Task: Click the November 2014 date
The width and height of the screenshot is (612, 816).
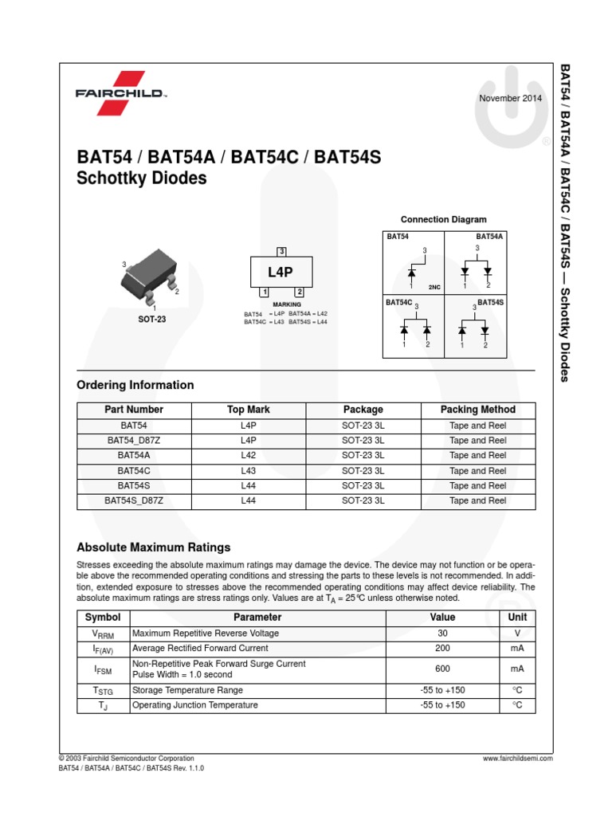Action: (510, 98)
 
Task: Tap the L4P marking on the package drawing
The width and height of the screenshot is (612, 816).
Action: (280, 272)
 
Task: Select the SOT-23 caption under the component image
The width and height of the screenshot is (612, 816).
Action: (151, 320)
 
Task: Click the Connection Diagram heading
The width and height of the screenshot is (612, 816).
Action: (443, 219)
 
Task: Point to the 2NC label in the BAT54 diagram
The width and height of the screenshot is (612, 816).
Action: (434, 286)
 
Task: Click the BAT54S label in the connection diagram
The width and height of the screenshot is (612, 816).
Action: (491, 303)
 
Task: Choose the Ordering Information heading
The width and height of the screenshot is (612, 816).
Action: (135, 385)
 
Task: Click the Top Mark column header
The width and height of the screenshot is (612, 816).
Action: (248, 410)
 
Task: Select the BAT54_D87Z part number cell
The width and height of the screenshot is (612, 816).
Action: (134, 440)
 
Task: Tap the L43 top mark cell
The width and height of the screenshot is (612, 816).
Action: (248, 470)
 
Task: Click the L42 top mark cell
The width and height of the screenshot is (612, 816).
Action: (248, 455)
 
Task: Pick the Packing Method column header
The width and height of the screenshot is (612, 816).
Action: (477, 410)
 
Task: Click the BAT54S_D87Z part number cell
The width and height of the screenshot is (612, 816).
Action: (134, 500)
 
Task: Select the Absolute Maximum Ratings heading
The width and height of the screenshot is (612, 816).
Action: (153, 547)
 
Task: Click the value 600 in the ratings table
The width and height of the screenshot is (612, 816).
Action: (442, 669)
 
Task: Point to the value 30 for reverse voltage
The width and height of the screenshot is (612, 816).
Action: (442, 633)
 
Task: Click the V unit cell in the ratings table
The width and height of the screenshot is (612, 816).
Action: (517, 633)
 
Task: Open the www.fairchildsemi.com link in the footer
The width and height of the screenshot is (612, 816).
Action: (517, 759)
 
